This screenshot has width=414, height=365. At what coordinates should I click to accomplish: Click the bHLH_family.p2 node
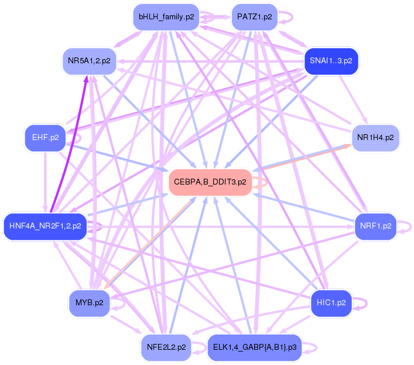(166, 17)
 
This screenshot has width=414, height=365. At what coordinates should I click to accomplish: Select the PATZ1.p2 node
(255, 17)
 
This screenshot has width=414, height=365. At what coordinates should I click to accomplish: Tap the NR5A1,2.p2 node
(89, 61)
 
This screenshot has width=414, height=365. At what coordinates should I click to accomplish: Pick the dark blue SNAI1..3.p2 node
(331, 61)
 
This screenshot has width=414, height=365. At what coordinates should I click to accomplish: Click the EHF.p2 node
(46, 138)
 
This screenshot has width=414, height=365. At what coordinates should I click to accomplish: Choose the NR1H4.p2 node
(375, 138)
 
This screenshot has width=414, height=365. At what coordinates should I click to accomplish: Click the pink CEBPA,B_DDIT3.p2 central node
(210, 182)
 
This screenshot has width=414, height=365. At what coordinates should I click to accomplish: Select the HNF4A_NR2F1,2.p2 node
(45, 226)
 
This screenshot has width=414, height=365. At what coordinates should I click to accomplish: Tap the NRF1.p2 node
(375, 226)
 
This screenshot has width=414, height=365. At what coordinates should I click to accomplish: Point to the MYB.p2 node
(89, 303)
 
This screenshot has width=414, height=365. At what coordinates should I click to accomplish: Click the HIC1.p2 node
(331, 303)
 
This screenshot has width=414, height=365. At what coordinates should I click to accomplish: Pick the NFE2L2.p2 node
(166, 347)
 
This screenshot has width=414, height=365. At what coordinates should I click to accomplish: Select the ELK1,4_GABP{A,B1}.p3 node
(255, 347)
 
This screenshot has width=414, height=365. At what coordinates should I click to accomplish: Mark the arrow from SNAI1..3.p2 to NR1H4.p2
(353, 99)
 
